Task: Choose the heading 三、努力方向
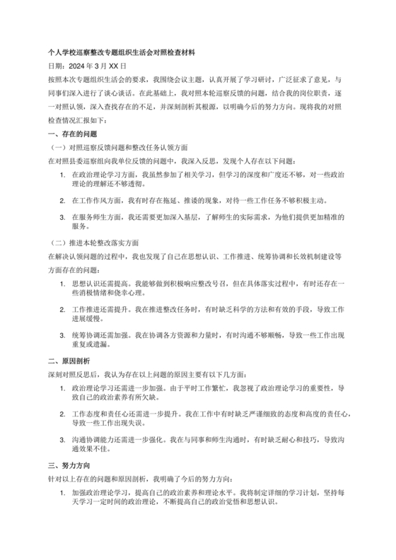pyautogui.click(x=71, y=467)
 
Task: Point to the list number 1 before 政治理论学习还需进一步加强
pyautogui.click(x=62, y=387)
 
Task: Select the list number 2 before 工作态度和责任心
pyautogui.click(x=62, y=416)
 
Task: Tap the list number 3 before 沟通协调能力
pyautogui.click(x=62, y=440)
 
